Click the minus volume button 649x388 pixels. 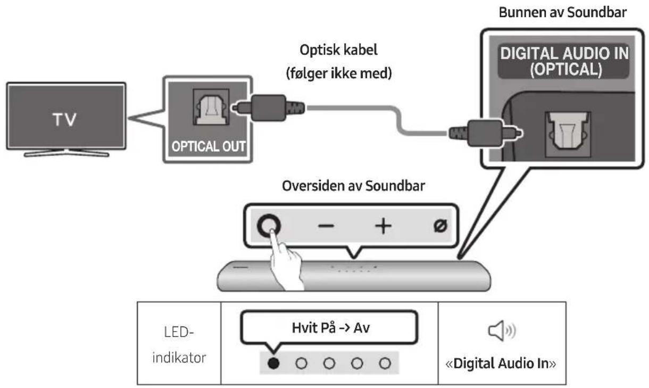pos(326,226)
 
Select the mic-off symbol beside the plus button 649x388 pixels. pos(440,226)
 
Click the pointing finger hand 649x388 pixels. pos(282,261)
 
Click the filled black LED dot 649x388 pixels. pos(272,363)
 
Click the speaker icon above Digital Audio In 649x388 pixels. pos(500,334)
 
